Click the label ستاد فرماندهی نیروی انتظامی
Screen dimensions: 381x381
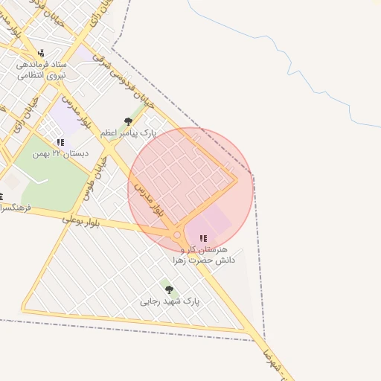click(42, 69)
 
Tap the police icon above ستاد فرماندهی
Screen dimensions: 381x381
click(41, 53)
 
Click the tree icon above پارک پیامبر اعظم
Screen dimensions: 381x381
click(129, 121)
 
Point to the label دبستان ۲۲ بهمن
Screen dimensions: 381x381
click(61, 153)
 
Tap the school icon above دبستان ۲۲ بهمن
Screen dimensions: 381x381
click(60, 142)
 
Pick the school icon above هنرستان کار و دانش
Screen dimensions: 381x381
click(203, 239)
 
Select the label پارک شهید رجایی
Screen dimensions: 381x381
click(170, 301)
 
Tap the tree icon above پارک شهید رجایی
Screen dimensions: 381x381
click(169, 289)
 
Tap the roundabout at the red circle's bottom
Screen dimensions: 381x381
click(177, 235)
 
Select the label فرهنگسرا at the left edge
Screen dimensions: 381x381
click(16, 208)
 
